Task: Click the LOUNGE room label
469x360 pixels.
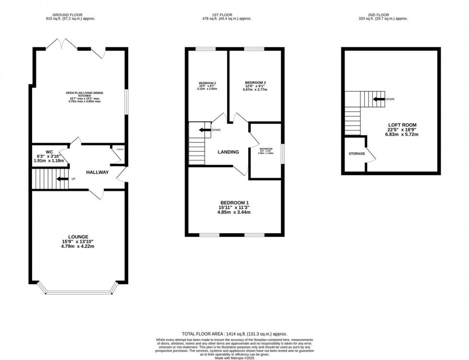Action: click(78, 237)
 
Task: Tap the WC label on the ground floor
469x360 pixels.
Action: click(49, 152)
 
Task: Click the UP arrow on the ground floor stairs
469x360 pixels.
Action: click(62, 179)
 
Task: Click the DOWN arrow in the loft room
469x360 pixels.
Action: click(379, 99)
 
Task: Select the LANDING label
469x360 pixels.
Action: click(228, 152)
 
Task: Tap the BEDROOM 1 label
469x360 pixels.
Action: click(234, 202)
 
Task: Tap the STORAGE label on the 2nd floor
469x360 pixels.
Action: click(357, 153)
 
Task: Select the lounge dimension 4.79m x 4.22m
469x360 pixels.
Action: click(78, 247)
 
